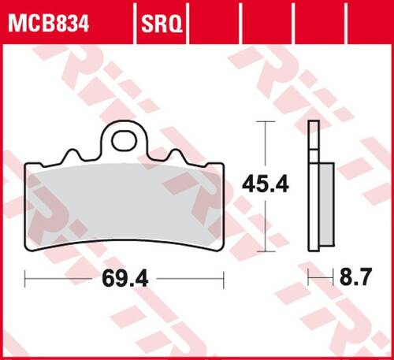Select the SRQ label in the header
[x=161, y=14]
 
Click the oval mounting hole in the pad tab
[x=121, y=142]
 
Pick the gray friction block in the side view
[x=325, y=202]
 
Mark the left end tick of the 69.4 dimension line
[x=25, y=277]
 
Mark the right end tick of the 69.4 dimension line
[x=225, y=277]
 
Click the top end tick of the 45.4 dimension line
[x=263, y=122]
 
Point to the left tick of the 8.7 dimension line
[x=308, y=277]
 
